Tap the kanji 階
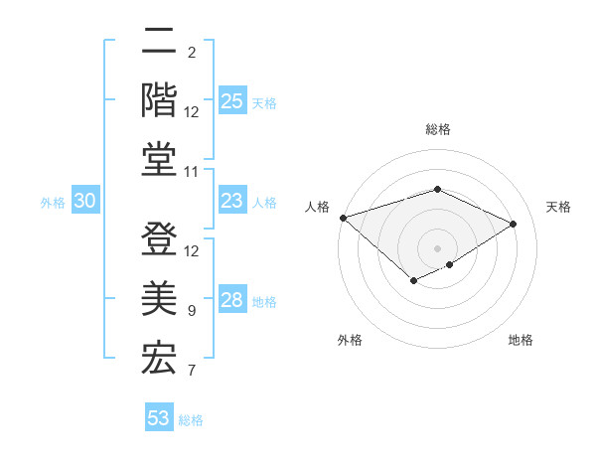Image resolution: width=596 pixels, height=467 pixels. coord(159,99)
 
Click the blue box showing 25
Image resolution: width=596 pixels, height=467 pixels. coord(232,101)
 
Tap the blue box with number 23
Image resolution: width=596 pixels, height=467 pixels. coord(232,202)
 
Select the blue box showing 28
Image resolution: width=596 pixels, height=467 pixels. coord(232,301)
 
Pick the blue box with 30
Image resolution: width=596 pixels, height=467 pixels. coord(84,202)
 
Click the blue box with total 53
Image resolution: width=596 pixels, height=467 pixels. coord(159,418)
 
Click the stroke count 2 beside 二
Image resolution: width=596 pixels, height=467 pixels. coord(192,52)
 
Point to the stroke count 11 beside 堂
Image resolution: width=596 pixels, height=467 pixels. coord(193,172)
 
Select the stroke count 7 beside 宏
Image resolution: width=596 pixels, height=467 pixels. coord(192,372)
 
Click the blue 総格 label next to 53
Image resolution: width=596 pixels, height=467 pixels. coord(191,419)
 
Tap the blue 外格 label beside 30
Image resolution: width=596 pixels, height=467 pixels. coord(53,203)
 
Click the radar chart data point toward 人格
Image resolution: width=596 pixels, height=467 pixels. coord(343,217)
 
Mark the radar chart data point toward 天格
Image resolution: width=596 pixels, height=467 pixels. coord(514,225)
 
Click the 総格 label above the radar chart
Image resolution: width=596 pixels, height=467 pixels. coord(438,129)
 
